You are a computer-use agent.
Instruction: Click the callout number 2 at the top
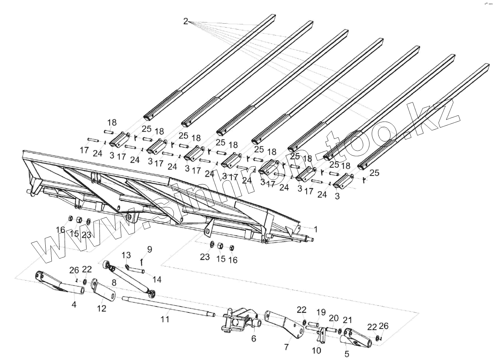(186, 21)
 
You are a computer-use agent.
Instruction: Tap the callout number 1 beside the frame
(316, 229)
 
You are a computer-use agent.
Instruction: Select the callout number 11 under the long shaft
(165, 319)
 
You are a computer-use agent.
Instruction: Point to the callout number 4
(74, 305)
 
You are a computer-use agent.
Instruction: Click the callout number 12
(101, 308)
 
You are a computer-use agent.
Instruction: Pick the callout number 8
(113, 283)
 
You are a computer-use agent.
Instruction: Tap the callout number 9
(149, 249)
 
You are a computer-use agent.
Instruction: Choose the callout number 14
(157, 279)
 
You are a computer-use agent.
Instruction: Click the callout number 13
(127, 255)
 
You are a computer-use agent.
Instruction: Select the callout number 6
(253, 338)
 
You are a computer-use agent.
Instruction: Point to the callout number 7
(286, 347)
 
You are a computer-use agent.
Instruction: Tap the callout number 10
(316, 350)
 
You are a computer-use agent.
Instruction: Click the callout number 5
(347, 353)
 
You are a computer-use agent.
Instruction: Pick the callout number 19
(321, 312)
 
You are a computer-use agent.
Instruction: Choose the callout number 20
(334, 318)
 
